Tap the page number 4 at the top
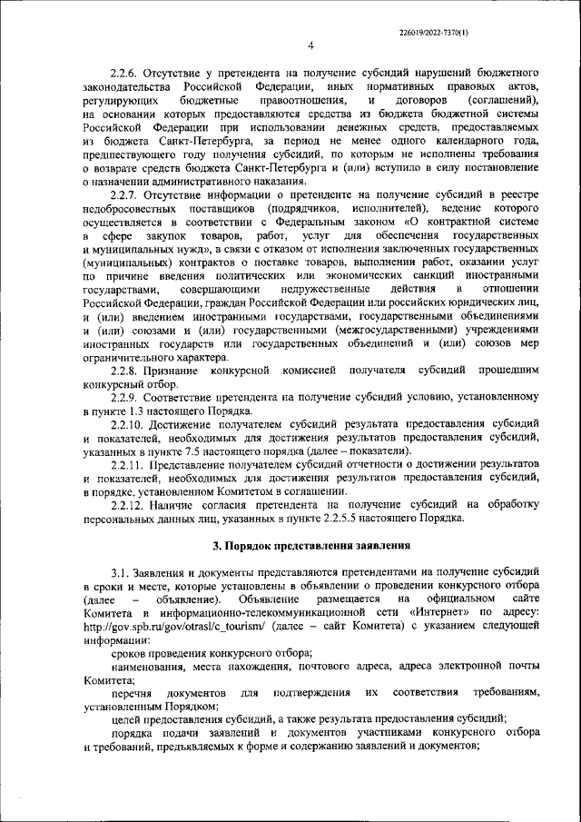pos(310,45)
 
